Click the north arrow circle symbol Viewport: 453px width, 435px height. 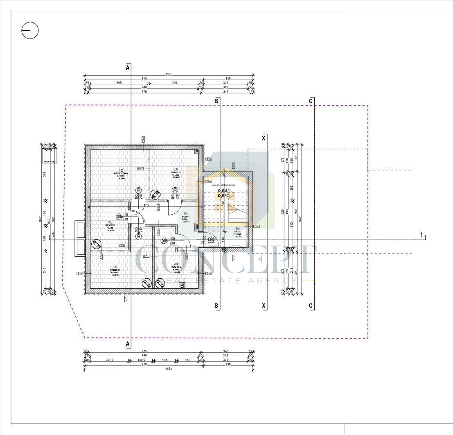click(30, 31)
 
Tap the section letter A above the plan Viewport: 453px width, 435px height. click(128, 68)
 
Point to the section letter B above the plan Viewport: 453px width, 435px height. click(216, 101)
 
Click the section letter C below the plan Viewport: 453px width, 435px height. click(311, 306)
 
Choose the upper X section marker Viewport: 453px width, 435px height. click(264, 138)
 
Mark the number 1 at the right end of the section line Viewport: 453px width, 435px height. click(421, 234)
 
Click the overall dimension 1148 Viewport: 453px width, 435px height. click(169, 75)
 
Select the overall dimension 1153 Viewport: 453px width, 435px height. click(169, 369)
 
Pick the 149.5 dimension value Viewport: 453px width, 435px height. click(141, 360)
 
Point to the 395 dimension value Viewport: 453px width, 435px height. click(119, 83)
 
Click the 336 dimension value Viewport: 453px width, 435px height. click(174, 83)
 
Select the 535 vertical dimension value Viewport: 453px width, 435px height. click(283, 212)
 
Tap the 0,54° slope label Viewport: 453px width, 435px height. click(223, 190)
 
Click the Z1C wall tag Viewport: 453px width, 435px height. click(257, 226)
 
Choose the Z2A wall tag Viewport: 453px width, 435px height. click(208, 181)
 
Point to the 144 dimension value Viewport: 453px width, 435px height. click(165, 360)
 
